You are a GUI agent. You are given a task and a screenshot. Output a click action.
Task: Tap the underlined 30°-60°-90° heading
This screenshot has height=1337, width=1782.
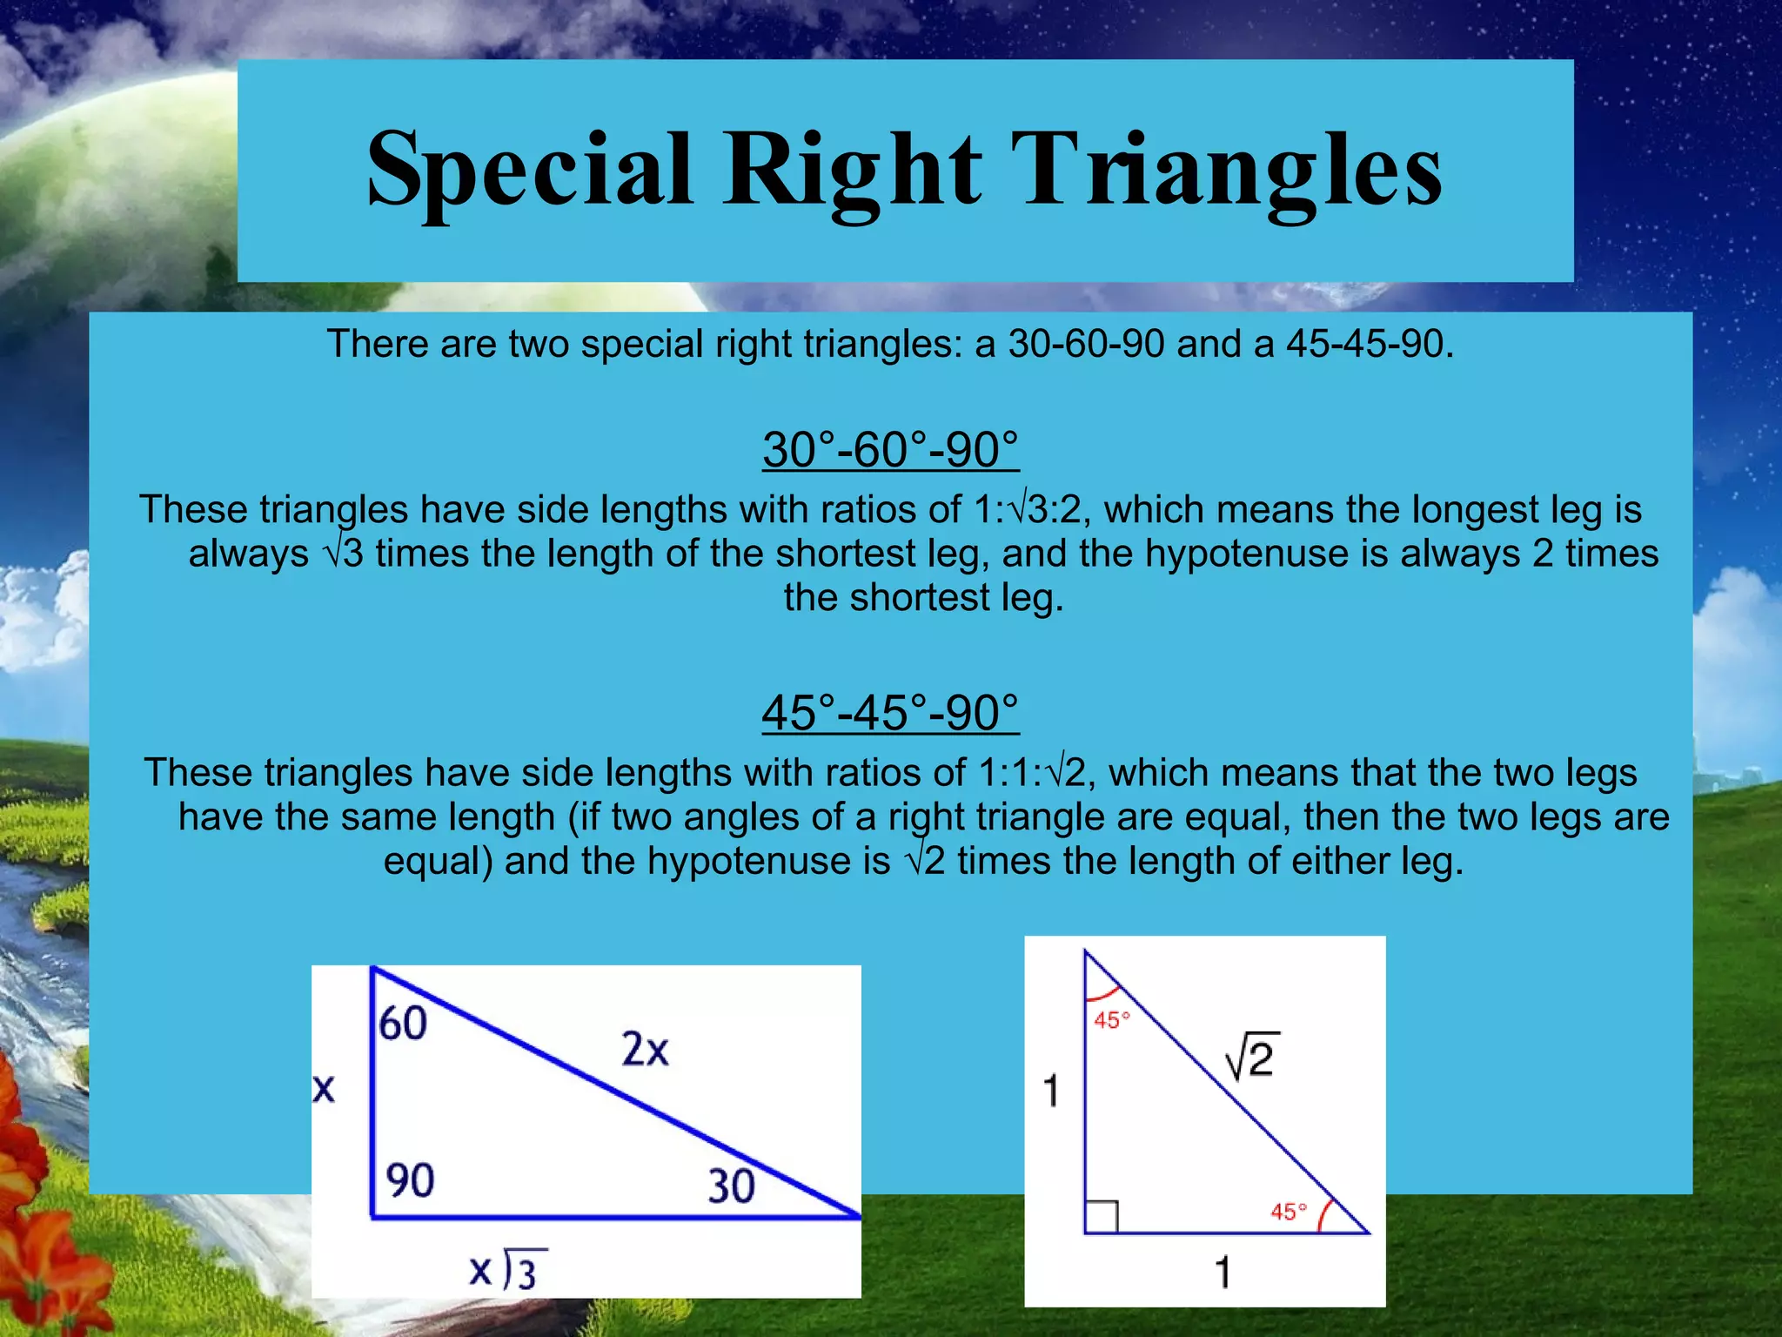pos(890,450)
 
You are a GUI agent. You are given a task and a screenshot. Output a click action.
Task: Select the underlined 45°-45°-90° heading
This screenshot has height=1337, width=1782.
pos(890,713)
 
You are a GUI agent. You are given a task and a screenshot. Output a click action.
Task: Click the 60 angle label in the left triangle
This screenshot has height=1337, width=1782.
pos(403,1023)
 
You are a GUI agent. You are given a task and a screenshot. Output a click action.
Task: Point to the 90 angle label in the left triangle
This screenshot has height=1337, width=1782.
pos(410,1180)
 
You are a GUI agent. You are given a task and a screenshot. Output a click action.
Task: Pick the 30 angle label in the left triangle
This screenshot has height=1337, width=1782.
pos(731,1186)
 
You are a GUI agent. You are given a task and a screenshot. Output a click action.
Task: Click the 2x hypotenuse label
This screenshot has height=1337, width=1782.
pos(645,1049)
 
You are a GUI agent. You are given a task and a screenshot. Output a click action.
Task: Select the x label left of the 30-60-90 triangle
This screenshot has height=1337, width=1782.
pos(324,1088)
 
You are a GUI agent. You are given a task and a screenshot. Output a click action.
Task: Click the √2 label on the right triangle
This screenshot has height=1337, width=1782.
pos(1251,1057)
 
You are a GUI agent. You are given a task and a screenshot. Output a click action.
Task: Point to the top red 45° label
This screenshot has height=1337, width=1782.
pos(1111,1019)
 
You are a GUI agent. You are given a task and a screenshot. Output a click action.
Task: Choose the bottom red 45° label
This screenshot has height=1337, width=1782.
pos(1289,1211)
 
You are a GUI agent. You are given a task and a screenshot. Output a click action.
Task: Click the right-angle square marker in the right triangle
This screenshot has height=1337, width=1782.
pos(1102,1217)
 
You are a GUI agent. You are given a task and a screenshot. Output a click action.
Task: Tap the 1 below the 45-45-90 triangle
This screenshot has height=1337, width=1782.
pos(1223,1273)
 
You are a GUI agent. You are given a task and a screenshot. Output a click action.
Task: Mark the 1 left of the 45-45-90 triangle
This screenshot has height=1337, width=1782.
pos(1051,1091)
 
